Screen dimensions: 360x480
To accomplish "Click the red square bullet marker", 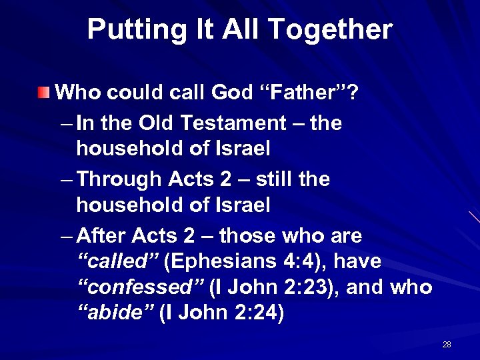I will (44, 91).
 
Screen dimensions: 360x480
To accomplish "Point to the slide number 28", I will (447, 345).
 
